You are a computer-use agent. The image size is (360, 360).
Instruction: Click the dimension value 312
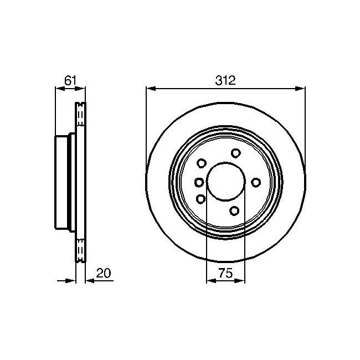tap(225, 81)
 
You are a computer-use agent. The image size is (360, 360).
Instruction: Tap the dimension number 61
tap(70, 81)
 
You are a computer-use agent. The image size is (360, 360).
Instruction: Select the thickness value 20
tap(104, 273)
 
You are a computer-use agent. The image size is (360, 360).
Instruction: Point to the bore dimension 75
tap(225, 273)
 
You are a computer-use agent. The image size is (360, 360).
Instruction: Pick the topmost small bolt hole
tap(236, 153)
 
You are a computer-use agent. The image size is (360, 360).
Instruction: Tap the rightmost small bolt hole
tap(256, 183)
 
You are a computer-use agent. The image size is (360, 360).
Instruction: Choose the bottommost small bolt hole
tap(234, 211)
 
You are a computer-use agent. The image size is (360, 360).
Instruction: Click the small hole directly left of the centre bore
tap(199, 183)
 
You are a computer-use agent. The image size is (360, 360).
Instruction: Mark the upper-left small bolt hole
tap(202, 163)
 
